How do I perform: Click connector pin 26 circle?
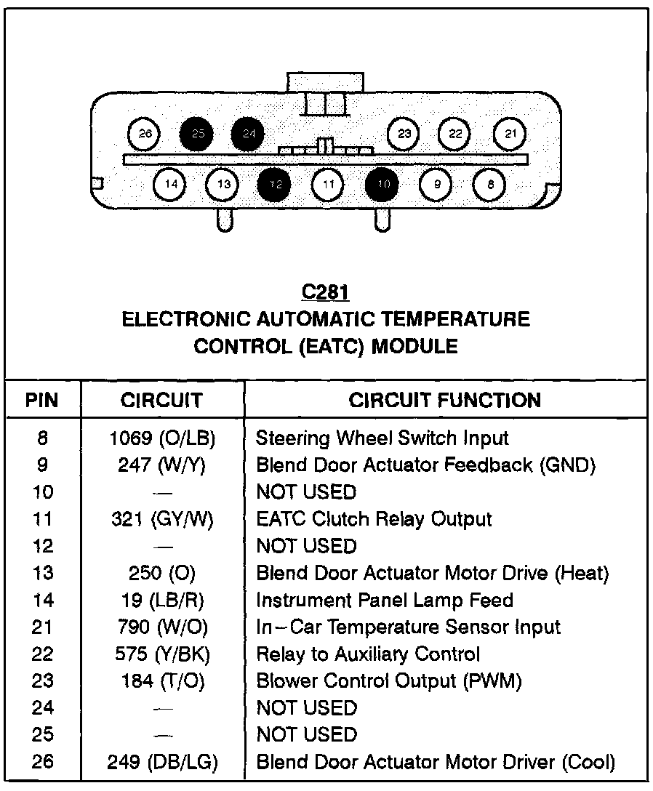tap(145, 134)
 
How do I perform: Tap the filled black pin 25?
tap(197, 134)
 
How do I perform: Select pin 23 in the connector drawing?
tap(405, 134)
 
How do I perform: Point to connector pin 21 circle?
tap(510, 134)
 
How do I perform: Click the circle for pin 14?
tap(171, 185)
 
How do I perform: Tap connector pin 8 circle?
tap(490, 185)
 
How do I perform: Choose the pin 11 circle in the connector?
tap(329, 185)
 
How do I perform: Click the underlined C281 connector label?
tap(326, 292)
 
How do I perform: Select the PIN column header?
tap(42, 400)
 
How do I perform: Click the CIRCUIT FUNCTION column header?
tap(445, 400)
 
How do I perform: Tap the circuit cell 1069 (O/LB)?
tap(163, 438)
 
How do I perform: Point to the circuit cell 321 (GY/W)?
tap(163, 519)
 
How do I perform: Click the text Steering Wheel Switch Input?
tap(382, 438)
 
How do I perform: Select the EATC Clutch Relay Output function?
tap(374, 519)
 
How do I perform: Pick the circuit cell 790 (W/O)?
tap(163, 627)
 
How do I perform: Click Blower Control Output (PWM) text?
tap(389, 680)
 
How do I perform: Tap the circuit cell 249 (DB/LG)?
tap(163, 762)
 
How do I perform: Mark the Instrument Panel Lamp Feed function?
tap(385, 600)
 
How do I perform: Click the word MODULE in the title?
tap(414, 347)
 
